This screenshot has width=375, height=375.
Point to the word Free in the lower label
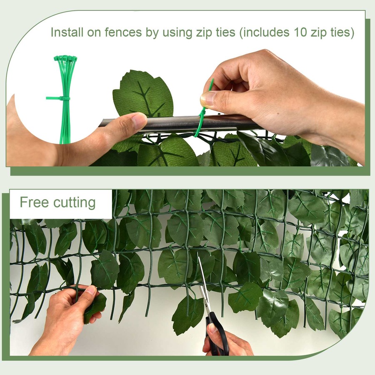35,202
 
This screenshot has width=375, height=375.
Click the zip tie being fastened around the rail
201,119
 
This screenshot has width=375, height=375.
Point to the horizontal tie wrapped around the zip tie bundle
57,98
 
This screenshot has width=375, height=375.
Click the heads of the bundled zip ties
65,60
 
